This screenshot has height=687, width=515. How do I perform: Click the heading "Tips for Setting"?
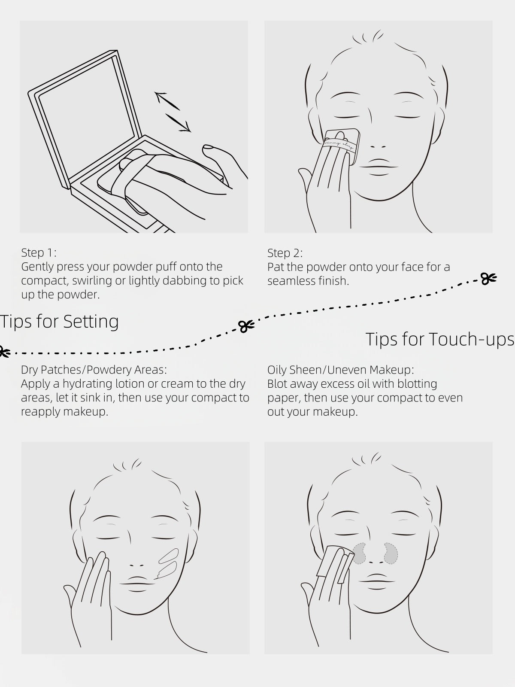(x=59, y=322)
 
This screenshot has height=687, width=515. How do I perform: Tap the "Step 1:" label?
(x=39, y=252)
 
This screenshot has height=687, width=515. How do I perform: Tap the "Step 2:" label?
(x=285, y=253)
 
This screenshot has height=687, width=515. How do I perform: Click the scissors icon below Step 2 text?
(x=489, y=279)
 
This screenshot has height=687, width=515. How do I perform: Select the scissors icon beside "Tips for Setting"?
(x=246, y=326)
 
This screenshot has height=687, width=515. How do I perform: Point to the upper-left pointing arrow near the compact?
(x=167, y=101)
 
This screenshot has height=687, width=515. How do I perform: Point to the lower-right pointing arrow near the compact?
(x=178, y=123)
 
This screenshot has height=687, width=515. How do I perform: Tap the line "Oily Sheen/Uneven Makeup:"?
(x=340, y=370)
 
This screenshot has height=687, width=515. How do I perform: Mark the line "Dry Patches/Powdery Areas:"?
(x=94, y=370)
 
